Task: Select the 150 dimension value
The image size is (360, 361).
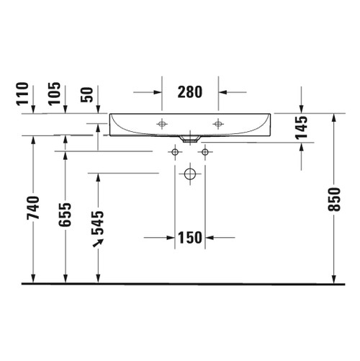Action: [x=189, y=238]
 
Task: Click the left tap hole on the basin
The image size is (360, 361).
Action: [x=161, y=124]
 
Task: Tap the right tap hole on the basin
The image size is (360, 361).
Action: [x=217, y=124]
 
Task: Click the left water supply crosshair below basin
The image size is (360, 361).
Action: [x=174, y=152]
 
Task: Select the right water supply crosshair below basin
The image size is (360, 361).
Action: [x=205, y=152]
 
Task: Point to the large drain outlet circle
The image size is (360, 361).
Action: [x=189, y=174]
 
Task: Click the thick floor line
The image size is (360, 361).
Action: [x=180, y=283]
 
